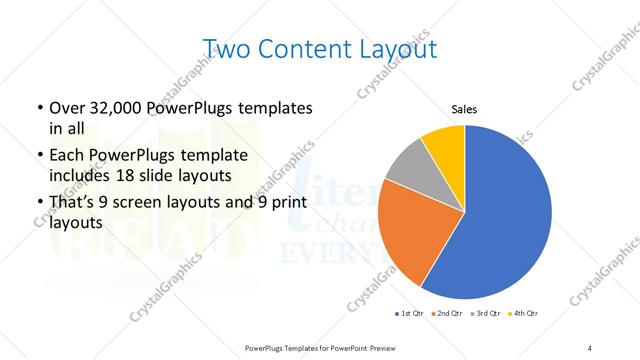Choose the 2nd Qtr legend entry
(446, 314)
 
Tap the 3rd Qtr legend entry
(485, 314)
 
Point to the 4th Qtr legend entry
(524, 314)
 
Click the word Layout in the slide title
(391, 48)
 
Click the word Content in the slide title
(300, 48)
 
